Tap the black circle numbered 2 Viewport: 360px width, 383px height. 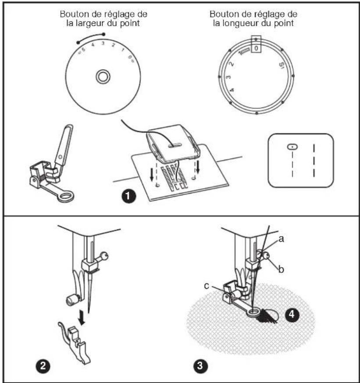pyautogui.click(x=43, y=365)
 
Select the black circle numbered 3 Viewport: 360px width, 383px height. pyautogui.click(x=200, y=365)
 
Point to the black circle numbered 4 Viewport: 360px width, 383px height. pyautogui.click(x=292, y=315)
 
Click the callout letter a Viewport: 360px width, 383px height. pyautogui.click(x=281, y=239)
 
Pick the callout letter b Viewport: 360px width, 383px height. pyautogui.click(x=281, y=269)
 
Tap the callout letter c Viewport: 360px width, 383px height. pyautogui.click(x=207, y=286)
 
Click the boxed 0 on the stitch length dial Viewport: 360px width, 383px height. pyautogui.click(x=256, y=48)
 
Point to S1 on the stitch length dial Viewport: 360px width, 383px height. pyautogui.click(x=282, y=66)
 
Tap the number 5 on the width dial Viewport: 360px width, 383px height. pyautogui.click(x=83, y=50)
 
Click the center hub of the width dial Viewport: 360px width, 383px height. pyautogui.click(x=103, y=77)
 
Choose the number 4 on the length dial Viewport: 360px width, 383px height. pyautogui.click(x=232, y=90)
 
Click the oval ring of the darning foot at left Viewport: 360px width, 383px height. pyautogui.click(x=66, y=197)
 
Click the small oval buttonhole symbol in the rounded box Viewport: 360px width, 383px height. pyautogui.click(x=292, y=147)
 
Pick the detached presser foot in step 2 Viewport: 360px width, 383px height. pyautogui.click(x=74, y=343)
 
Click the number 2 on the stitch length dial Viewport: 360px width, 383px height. pyautogui.click(x=232, y=64)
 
